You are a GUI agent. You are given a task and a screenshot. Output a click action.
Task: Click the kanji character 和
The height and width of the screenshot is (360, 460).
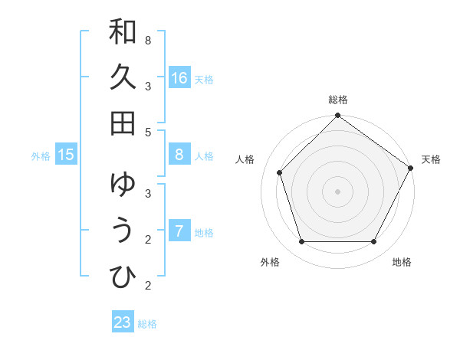pyautogui.click(x=123, y=33)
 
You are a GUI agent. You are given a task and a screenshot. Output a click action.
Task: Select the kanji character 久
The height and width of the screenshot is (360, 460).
pyautogui.click(x=123, y=77)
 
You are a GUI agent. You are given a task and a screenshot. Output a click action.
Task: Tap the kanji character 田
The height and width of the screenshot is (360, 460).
pyautogui.click(x=123, y=123)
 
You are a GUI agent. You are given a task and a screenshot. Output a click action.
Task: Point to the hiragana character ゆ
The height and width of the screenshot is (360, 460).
pyautogui.click(x=123, y=185)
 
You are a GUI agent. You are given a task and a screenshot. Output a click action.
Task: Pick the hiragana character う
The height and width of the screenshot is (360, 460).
pyautogui.click(x=123, y=231)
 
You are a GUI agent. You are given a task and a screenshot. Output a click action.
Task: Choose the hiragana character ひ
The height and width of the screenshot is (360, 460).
pyautogui.click(x=123, y=277)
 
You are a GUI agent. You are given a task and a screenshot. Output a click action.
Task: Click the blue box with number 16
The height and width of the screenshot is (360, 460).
pyautogui.click(x=179, y=78)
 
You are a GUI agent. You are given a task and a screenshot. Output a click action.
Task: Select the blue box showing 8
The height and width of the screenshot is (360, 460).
pyautogui.click(x=179, y=155)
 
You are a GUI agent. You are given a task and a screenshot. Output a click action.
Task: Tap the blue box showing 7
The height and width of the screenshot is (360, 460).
pyautogui.click(x=179, y=231)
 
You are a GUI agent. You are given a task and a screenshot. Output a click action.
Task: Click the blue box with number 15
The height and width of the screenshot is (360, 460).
pyautogui.click(x=66, y=155)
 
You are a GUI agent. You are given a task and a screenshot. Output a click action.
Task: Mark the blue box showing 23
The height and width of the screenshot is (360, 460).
pyautogui.click(x=123, y=322)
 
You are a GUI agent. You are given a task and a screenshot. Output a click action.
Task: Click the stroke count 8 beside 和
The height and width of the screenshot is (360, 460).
pyautogui.click(x=147, y=40)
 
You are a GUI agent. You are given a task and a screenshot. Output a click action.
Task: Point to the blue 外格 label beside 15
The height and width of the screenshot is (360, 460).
pyautogui.click(x=41, y=156)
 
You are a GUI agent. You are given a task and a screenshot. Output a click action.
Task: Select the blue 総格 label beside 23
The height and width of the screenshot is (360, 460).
pyautogui.click(x=147, y=324)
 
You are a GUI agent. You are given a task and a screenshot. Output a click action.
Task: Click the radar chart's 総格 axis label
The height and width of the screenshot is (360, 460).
pyautogui.click(x=337, y=100)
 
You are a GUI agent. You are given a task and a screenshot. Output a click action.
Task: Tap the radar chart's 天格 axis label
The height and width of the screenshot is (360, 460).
pyautogui.click(x=431, y=159)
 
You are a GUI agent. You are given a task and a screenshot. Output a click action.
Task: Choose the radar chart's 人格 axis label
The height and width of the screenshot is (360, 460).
pyautogui.click(x=245, y=159)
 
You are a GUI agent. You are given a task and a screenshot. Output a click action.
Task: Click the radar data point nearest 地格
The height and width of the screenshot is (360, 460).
pyautogui.click(x=373, y=242)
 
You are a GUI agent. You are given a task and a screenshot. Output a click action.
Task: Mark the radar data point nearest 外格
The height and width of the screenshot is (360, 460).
pyautogui.click(x=301, y=242)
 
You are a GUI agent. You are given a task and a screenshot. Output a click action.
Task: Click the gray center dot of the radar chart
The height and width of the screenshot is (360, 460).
pyautogui.click(x=337, y=191)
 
